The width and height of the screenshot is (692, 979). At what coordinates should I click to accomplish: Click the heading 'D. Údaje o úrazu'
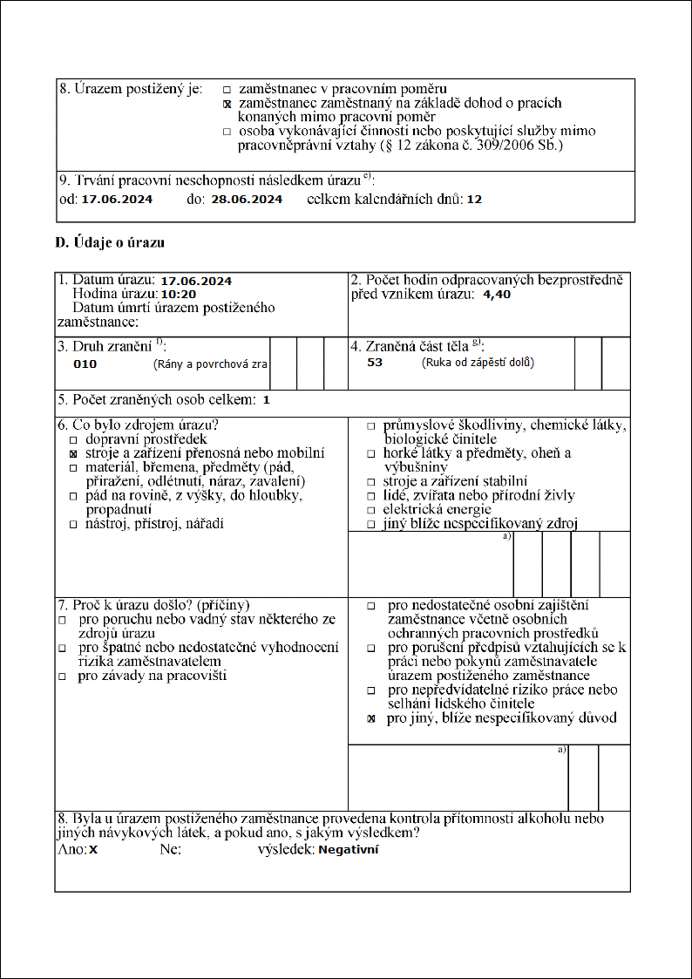click(110, 242)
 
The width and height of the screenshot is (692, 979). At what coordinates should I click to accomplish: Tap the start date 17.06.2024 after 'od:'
click(117, 200)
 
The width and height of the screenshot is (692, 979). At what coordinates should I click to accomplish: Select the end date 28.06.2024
click(247, 200)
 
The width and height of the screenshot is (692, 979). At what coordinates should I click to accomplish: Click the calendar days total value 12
click(474, 200)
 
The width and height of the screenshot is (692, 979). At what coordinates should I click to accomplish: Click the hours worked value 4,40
click(497, 295)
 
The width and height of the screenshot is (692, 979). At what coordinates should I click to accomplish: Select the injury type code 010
click(85, 364)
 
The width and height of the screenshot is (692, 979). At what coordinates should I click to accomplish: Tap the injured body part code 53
click(375, 362)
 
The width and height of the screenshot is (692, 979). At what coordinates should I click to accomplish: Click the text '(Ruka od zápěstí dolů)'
click(478, 362)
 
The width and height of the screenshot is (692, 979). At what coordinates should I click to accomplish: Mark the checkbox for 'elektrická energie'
click(371, 510)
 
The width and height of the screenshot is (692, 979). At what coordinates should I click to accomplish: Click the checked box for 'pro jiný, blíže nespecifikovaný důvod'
click(371, 719)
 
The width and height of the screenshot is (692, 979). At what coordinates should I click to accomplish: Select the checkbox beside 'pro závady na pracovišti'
click(62, 676)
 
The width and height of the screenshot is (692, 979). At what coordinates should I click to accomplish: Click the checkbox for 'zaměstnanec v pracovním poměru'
click(227, 90)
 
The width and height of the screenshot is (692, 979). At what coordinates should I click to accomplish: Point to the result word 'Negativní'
click(349, 848)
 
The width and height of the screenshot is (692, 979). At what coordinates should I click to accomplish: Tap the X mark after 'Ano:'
click(92, 849)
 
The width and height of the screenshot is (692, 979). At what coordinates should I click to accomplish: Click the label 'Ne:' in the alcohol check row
click(170, 848)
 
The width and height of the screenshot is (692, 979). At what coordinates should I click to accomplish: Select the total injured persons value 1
click(267, 400)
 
